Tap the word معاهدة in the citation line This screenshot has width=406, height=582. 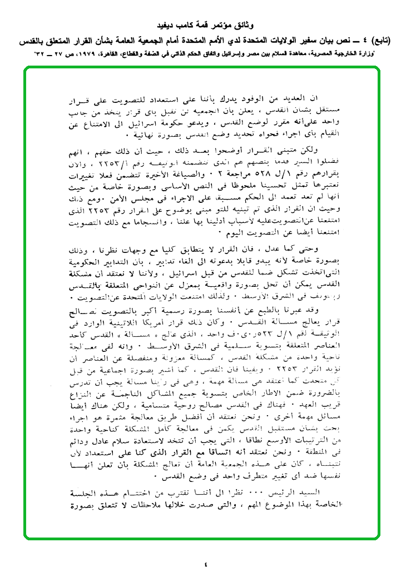pyautogui.click(x=295, y=54)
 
